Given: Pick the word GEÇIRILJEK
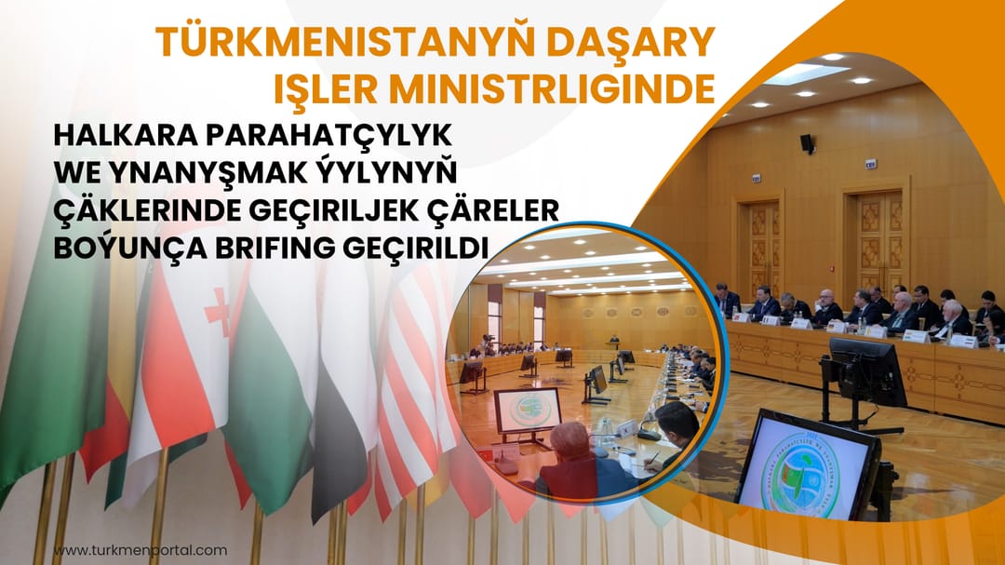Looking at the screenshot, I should pos(351,211).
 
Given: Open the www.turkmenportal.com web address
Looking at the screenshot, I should pos(140,550).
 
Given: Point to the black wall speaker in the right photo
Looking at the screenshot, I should pos(806,143).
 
